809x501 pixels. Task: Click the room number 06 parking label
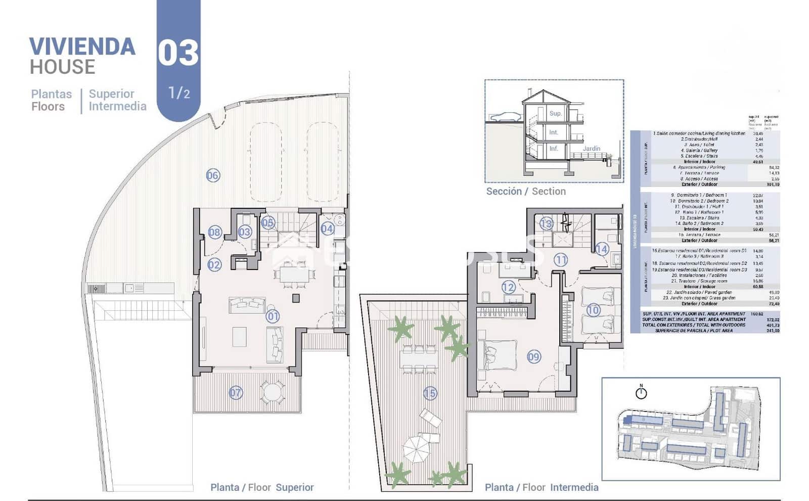[x=213, y=175]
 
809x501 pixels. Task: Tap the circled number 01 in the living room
[x=273, y=316]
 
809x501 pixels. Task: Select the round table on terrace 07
[x=272, y=392]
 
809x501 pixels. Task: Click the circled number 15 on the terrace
[x=430, y=393]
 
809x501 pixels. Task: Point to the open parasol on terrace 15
[x=416, y=448]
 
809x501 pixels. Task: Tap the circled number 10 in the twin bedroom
[x=593, y=310]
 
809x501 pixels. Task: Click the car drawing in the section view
[x=505, y=117]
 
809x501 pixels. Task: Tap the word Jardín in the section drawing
[x=591, y=149]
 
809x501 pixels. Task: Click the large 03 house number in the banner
[x=178, y=53]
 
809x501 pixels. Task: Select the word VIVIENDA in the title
[x=82, y=47]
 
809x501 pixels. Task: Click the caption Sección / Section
[x=525, y=191]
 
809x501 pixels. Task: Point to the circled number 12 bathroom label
[x=508, y=287]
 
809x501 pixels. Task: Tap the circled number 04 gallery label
[x=327, y=229]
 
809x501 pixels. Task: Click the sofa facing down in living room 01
[x=247, y=304]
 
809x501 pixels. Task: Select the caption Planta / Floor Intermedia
[x=541, y=487]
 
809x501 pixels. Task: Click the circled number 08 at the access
[x=214, y=232]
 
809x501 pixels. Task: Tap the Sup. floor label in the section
[x=555, y=113]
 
